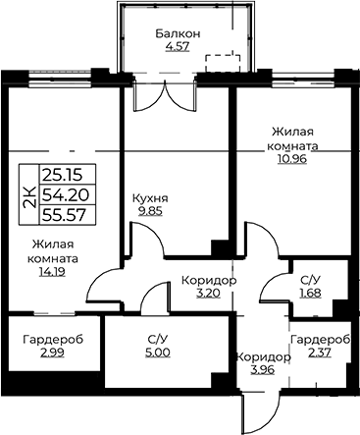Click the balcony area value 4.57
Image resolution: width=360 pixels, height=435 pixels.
tap(178, 46)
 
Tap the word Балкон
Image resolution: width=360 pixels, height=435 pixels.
tap(178, 33)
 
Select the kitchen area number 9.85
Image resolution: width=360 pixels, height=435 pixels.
tap(150, 211)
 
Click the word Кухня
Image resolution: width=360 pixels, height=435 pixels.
tap(150, 198)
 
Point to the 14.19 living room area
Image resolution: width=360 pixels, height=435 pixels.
tap(52, 271)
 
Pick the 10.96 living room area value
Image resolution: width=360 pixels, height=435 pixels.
tap(292, 159)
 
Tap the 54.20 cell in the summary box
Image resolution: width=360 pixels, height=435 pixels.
tap(66, 195)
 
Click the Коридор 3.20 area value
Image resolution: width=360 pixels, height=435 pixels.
tap(209, 293)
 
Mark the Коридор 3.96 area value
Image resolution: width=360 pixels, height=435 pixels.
tap(263, 370)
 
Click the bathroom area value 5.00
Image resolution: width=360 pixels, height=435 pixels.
tap(158, 353)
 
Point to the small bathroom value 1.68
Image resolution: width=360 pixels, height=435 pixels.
tap(311, 293)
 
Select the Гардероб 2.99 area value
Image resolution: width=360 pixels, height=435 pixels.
tap(52, 353)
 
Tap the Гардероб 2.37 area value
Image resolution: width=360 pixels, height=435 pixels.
tap(320, 353)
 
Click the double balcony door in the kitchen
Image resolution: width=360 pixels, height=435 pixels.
tap(165, 95)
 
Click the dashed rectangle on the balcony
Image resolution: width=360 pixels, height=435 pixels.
tap(224, 64)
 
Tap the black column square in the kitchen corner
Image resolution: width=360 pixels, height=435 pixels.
tap(220, 248)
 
